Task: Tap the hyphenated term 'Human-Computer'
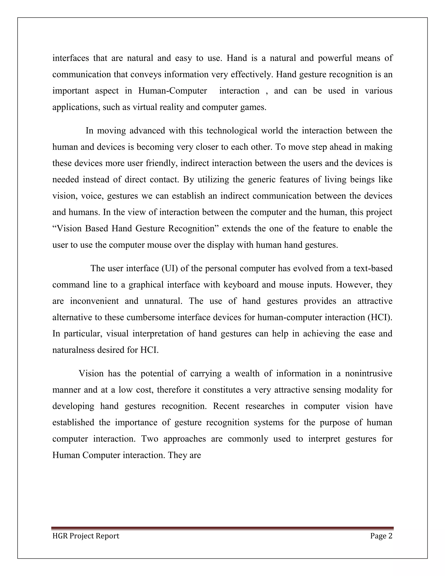[173, 91]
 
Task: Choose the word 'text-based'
[373, 268]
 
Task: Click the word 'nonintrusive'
[369, 373]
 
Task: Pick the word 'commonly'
[248, 439]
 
